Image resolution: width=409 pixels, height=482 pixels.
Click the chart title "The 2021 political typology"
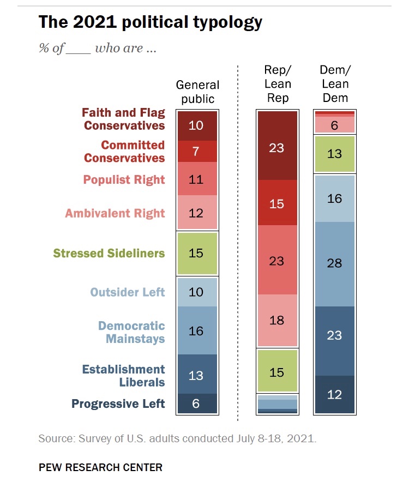click(150, 23)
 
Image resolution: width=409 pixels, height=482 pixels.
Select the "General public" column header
click(197, 92)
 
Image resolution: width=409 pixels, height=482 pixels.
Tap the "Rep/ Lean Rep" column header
click(277, 84)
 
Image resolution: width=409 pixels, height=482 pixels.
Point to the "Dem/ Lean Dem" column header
click(334, 84)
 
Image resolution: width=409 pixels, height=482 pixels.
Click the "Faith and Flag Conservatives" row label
click(123, 119)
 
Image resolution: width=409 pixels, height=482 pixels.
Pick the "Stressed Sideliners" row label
click(109, 254)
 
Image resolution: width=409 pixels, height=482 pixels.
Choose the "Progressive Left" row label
click(118, 404)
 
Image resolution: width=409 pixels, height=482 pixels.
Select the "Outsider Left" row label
click(128, 292)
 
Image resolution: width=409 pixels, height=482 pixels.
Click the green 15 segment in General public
click(197, 254)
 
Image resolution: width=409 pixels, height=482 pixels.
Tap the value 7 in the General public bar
click(197, 152)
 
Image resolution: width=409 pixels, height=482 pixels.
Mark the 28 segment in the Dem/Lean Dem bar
click(334, 264)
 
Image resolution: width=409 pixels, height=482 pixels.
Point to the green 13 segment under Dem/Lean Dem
click(334, 154)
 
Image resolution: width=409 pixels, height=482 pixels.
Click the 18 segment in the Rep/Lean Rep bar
click(277, 320)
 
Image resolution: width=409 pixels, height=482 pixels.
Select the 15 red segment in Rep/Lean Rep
click(277, 203)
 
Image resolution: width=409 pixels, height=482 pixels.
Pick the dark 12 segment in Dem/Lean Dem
click(334, 395)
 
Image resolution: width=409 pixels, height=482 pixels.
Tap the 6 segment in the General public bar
click(197, 404)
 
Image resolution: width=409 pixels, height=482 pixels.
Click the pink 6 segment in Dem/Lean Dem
click(334, 125)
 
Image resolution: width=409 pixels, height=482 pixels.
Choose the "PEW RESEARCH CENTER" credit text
click(100, 467)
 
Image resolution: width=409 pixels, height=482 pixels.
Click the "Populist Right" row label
click(124, 180)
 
